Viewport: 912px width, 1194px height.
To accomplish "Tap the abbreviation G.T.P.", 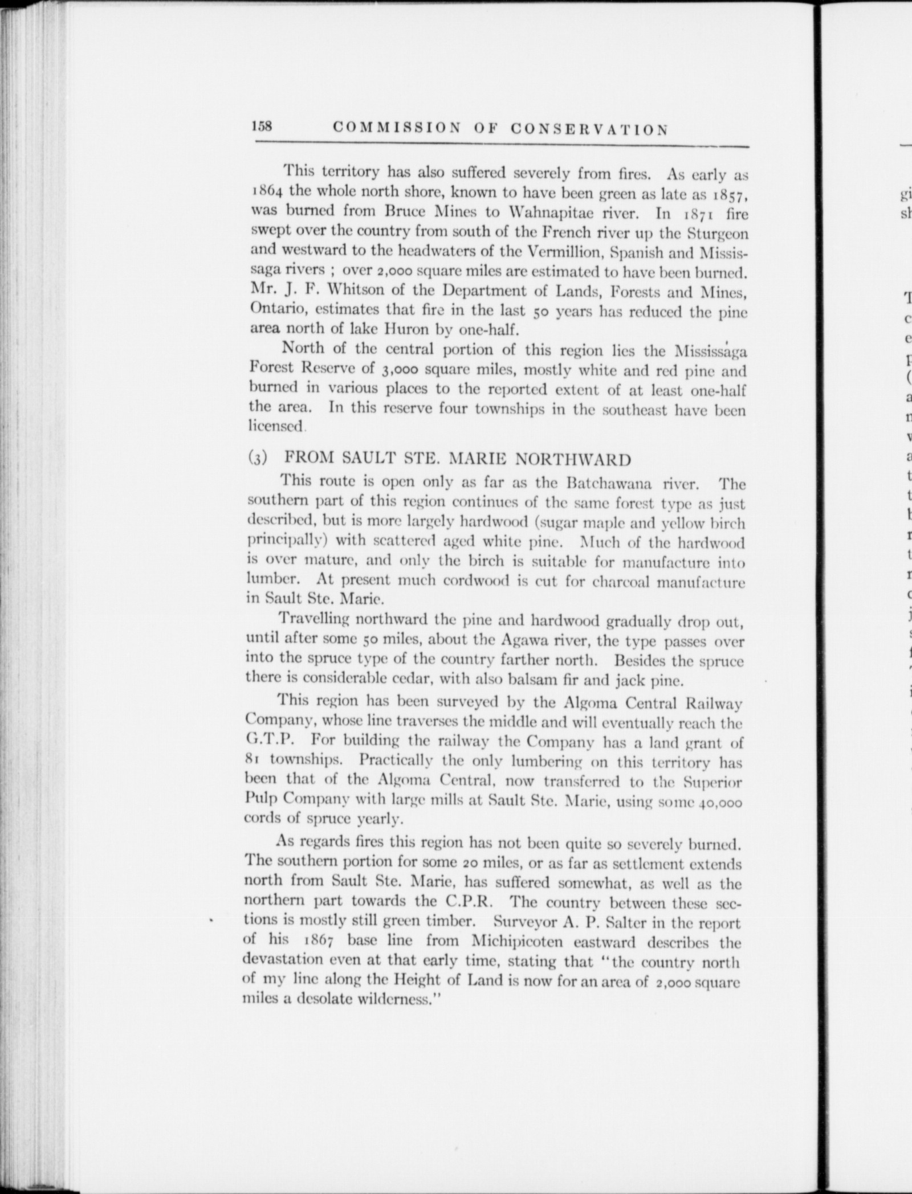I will pos(267,743).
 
